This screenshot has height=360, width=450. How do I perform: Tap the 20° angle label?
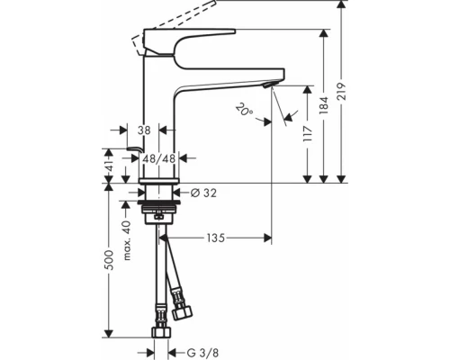pos(243,111)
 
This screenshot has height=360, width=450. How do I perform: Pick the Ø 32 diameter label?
pos(205,192)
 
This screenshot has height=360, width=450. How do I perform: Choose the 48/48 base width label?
pos(158,158)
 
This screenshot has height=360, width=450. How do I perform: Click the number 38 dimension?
pos(143,130)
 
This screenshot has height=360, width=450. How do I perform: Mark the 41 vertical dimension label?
pos(110,167)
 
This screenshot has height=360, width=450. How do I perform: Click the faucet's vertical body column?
pos(158,108)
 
